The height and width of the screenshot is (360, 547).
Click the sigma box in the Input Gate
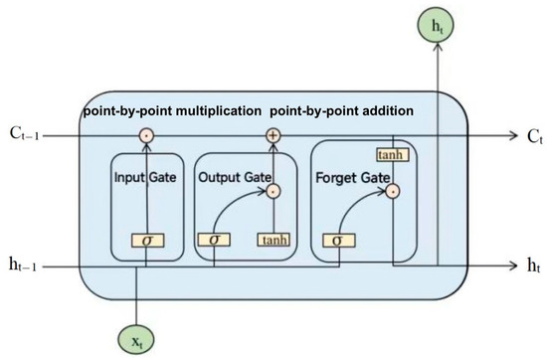(146, 241)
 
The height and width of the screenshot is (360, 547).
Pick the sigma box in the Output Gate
(214, 241)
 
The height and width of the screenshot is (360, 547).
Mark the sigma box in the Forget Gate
(338, 241)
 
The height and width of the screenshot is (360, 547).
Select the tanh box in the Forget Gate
(391, 153)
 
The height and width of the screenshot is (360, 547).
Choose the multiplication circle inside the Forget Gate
(393, 189)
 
